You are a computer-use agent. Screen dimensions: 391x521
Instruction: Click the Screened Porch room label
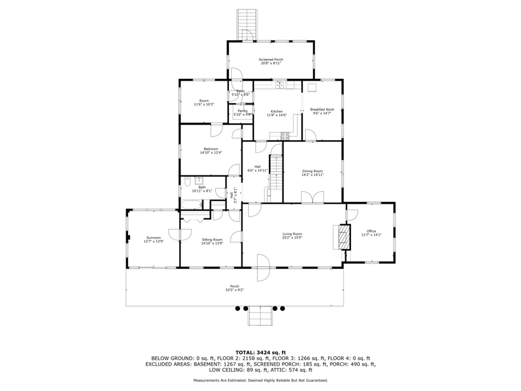pos(271,60)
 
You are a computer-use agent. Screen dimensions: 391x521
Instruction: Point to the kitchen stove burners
pos(285,136)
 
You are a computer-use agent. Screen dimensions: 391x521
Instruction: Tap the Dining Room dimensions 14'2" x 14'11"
pos(312,175)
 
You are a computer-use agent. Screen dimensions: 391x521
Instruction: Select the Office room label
pos(371,231)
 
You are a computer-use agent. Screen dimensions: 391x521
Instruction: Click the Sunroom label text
pos(154,238)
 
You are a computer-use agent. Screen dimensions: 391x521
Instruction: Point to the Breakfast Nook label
pos(322,110)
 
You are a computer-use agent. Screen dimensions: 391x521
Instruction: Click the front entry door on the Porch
pos(262,268)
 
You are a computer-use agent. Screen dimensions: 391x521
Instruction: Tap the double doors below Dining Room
pos(312,197)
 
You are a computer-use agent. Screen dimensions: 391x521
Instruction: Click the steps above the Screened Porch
pos(247,24)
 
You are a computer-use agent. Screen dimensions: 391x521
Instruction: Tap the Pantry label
pos(242,111)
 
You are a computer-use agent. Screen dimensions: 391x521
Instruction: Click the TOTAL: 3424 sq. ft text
pos(260,352)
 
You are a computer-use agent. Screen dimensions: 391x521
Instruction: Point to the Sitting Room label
pos(212,239)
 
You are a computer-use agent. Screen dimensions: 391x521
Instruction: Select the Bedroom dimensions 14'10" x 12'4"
pos(211,152)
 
